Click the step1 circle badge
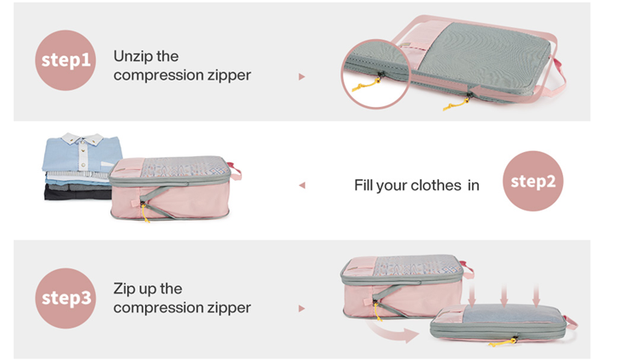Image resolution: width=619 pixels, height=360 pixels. coord(65,60)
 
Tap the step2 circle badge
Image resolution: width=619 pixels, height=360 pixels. coord(533,181)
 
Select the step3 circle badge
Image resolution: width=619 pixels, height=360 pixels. coord(65,298)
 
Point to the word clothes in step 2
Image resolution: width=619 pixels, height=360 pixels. coord(436,185)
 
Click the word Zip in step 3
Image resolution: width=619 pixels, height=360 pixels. coord(124,289)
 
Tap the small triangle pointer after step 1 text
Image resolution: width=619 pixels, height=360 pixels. coord(302,76)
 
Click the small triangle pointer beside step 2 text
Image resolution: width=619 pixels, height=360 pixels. coord(302,185)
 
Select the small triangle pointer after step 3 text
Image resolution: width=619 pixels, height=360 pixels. coord(302,308)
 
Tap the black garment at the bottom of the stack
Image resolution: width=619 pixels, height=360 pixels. coord(78,192)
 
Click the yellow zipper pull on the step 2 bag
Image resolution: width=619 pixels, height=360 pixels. coord(145,213)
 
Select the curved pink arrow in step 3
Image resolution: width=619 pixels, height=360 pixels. coord(393,332)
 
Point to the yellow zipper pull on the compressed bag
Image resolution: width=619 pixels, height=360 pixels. coord(503,342)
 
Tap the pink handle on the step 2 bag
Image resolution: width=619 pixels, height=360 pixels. coord(235,170)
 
